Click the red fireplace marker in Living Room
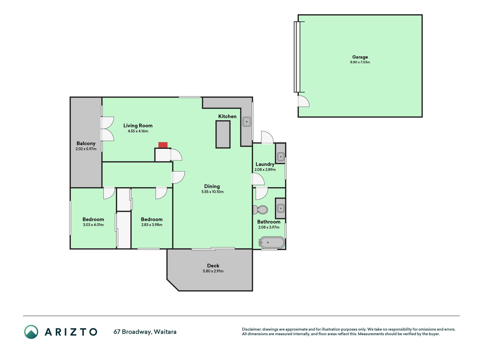click(163, 145)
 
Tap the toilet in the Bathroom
click(260, 210)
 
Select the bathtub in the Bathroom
click(272, 243)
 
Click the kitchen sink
click(247, 122)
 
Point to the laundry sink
click(281, 157)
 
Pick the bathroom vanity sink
click(281, 208)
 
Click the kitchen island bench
click(223, 134)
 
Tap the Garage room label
click(360, 57)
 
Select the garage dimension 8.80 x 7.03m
click(360, 62)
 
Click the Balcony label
click(86, 143)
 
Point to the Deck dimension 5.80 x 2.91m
click(213, 271)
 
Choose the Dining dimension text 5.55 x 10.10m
click(213, 192)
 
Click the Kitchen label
click(227, 116)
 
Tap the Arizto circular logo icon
click(31, 332)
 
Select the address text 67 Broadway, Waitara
click(145, 332)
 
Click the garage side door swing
click(303, 101)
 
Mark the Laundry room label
click(265, 164)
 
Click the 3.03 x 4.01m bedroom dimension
click(93, 225)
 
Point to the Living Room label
click(138, 126)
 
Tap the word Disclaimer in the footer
click(251, 329)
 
